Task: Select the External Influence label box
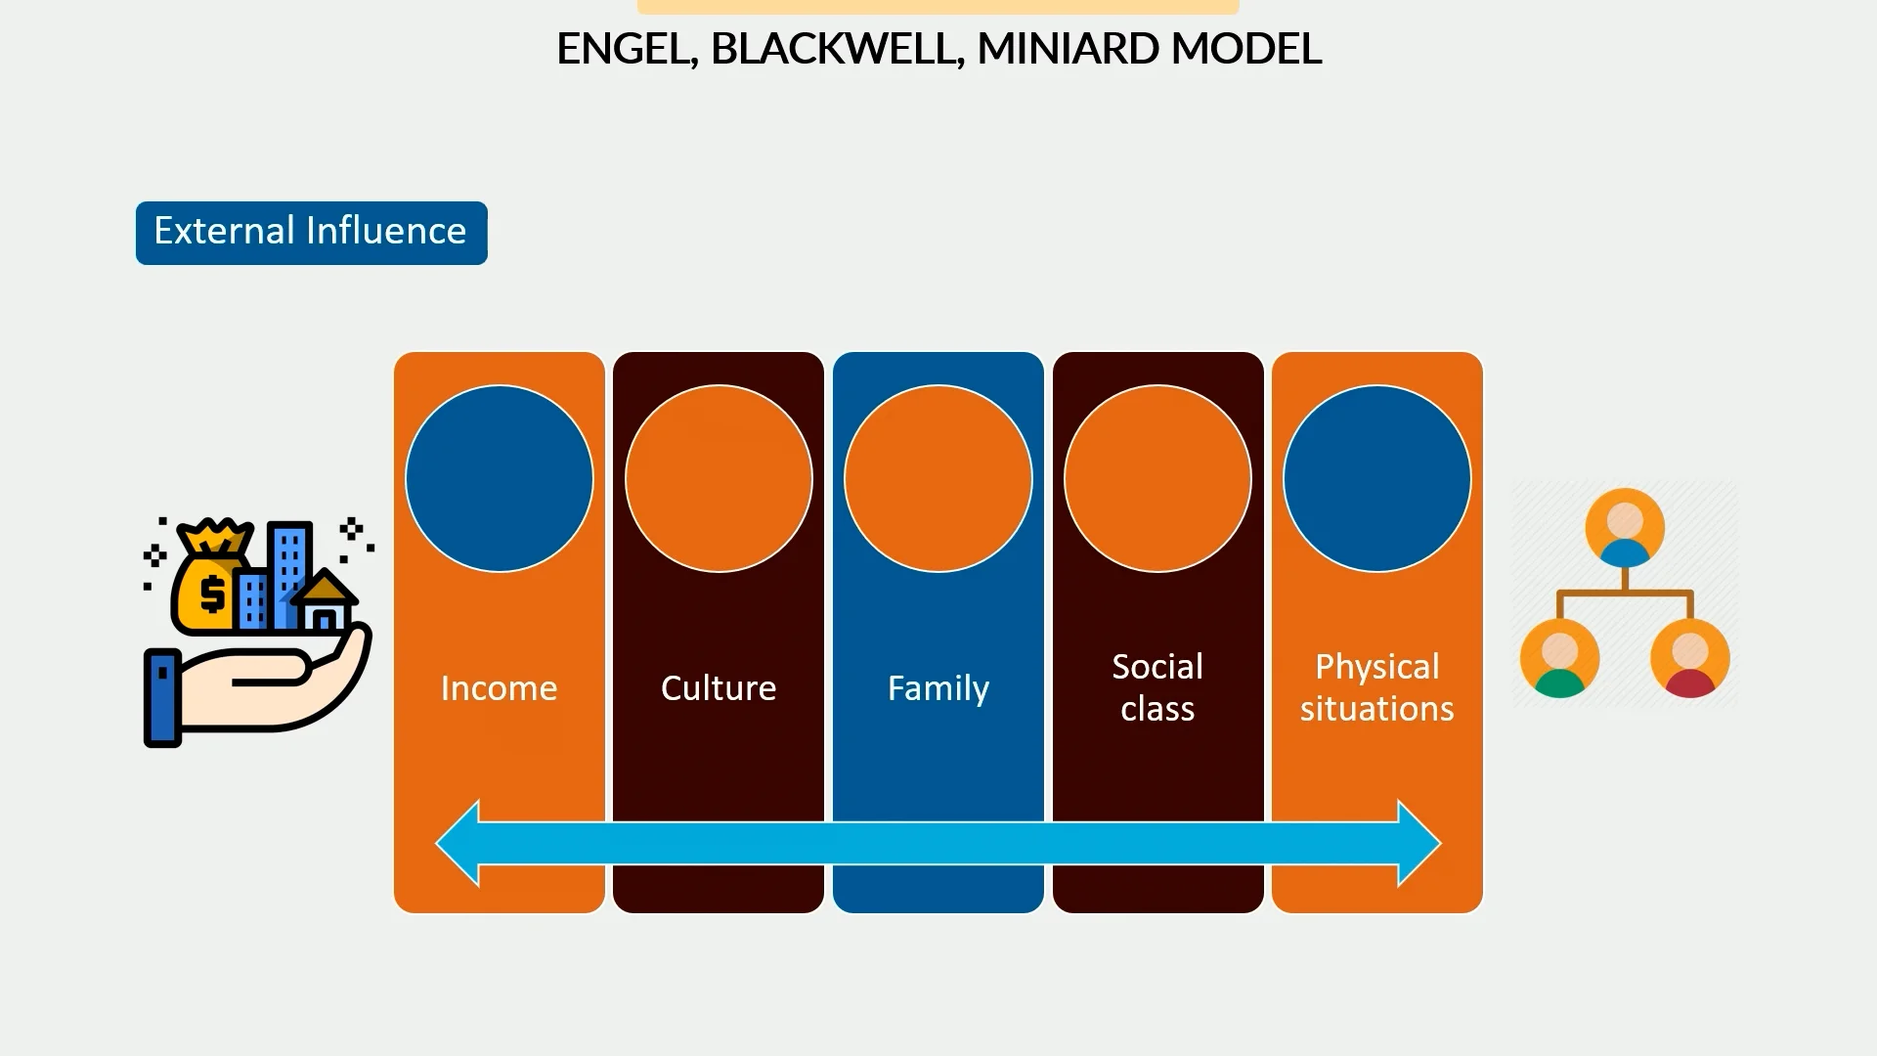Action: (x=311, y=233)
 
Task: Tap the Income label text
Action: (x=499, y=688)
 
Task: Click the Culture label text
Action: (x=719, y=688)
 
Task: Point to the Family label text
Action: (x=938, y=688)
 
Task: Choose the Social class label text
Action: (x=1157, y=687)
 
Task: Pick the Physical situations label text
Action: (x=1376, y=687)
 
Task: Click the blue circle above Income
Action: (x=499, y=478)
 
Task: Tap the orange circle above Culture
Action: (x=719, y=478)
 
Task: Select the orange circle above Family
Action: (x=938, y=478)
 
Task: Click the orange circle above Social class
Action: (x=1157, y=478)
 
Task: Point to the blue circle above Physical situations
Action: (x=1376, y=478)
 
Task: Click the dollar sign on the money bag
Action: (x=211, y=594)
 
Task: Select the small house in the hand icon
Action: (x=325, y=604)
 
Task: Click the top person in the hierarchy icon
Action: (x=1625, y=528)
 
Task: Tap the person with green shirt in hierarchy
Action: (x=1559, y=658)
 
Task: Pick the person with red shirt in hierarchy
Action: (x=1689, y=658)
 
